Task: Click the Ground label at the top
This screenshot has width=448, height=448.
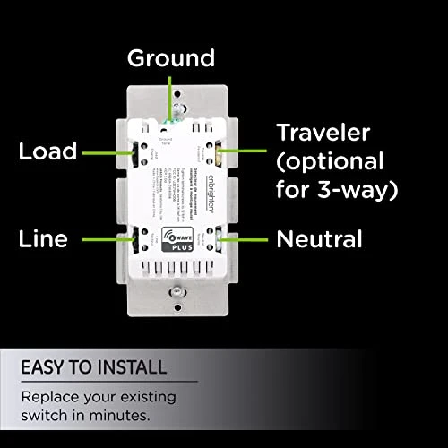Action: [x=171, y=59]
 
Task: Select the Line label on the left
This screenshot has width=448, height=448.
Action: [x=43, y=240]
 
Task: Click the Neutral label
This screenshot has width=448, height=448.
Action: [x=320, y=239]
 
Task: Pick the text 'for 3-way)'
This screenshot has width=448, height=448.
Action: [x=334, y=191]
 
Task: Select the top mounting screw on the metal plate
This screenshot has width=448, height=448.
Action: [x=177, y=91]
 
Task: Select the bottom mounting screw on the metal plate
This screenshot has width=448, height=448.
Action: [x=178, y=292]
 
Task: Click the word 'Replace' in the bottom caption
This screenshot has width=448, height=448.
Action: [x=49, y=394]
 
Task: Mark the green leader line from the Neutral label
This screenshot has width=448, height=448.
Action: [x=248, y=239]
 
